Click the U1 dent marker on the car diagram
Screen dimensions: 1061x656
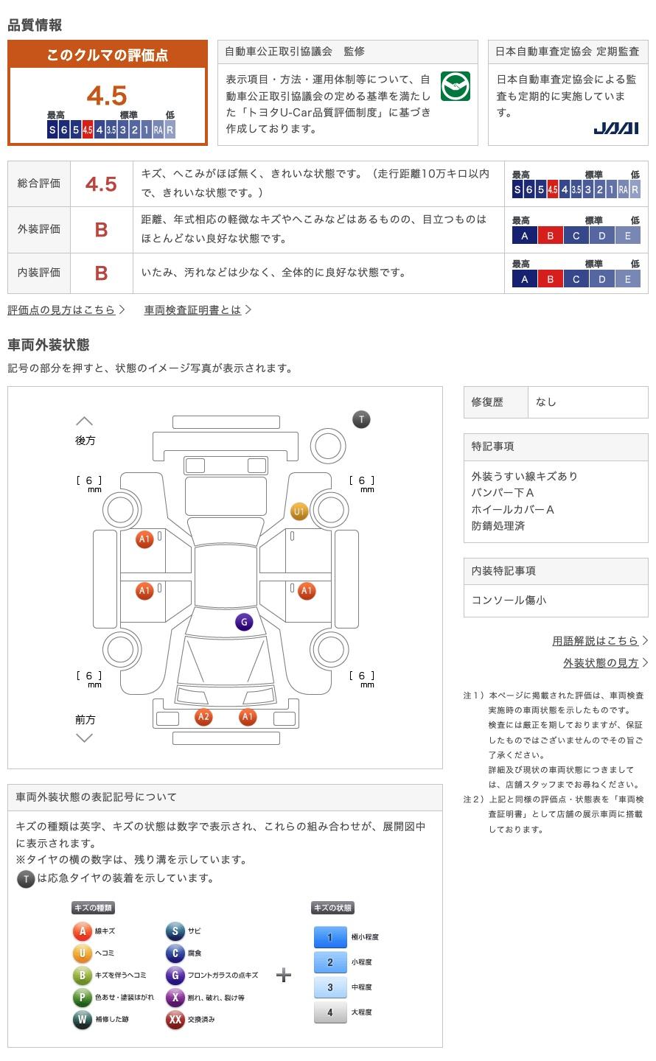299,511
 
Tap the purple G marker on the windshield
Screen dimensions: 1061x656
244,622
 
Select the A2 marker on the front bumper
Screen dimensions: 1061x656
203,717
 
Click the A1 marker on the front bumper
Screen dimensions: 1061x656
248,717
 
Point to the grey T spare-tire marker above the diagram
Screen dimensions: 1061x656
361,420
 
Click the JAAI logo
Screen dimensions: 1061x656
615,128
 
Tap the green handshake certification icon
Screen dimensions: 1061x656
455,87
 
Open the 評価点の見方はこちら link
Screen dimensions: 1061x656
62,310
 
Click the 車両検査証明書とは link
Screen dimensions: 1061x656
193,310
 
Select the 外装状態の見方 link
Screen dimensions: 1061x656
601,663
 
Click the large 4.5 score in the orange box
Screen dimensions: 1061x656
107,96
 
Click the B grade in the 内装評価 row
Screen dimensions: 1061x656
102,273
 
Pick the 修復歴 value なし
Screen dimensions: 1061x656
546,402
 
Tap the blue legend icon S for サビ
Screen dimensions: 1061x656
175,931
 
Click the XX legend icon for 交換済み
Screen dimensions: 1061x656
175,1020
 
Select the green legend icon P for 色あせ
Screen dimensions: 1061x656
82,998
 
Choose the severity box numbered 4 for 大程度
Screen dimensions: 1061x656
329,1012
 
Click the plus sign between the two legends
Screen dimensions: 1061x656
284,976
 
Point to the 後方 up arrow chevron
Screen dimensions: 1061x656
85,421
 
